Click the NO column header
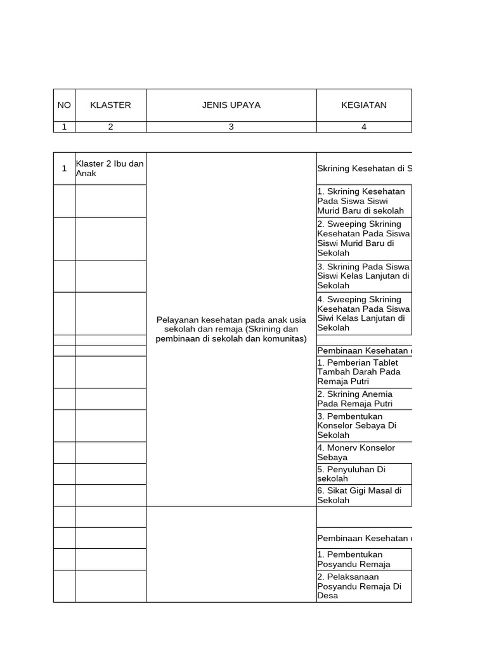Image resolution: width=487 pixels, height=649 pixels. coord(64,105)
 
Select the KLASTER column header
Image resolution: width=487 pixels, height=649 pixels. coord(110,105)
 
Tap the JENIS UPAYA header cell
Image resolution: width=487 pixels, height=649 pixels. coord(231,105)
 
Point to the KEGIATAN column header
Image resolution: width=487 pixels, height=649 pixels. coord(363,105)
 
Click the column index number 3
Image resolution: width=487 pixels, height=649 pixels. coord(231,127)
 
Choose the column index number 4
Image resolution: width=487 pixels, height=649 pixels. coord(363,127)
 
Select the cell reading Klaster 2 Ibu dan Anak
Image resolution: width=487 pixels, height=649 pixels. coord(110,169)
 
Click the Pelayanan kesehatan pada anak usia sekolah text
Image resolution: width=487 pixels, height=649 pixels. coord(231,329)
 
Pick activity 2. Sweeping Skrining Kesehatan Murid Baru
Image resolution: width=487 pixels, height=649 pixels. coord(363,238)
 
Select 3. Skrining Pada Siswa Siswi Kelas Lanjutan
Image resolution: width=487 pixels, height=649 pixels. coord(363,276)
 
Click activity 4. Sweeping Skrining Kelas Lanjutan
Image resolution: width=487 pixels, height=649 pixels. coord(363,313)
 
